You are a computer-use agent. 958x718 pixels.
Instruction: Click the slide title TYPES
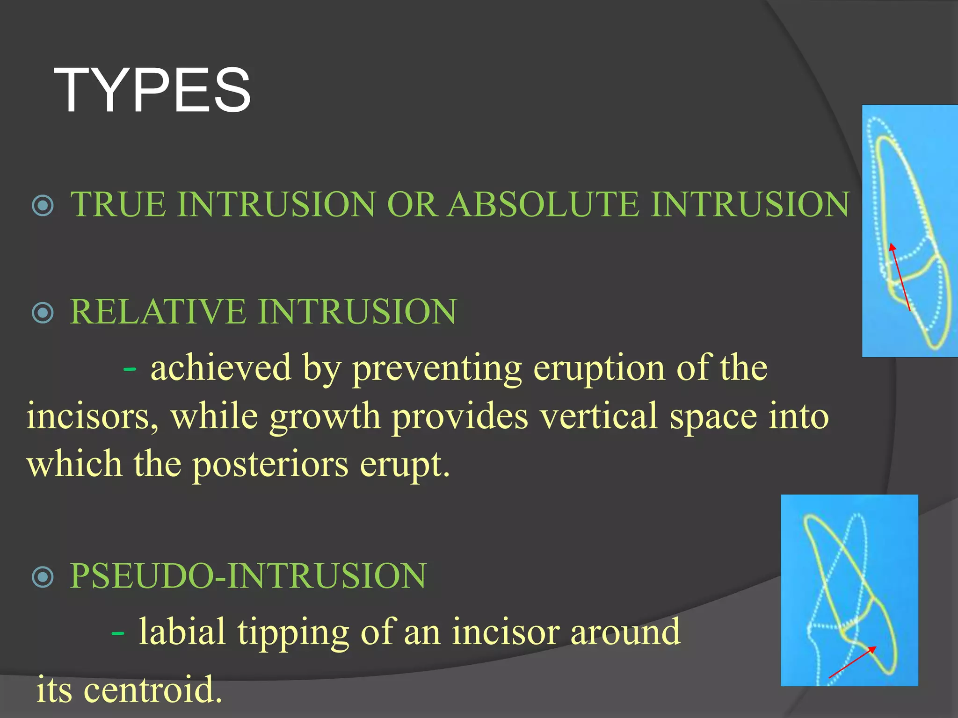point(152,90)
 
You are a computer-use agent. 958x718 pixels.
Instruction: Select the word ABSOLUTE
point(543,204)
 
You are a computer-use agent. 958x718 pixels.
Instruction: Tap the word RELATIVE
point(158,312)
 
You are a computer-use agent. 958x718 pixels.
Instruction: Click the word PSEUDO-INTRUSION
point(248,576)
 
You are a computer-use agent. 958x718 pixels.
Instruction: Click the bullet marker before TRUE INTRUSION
point(43,205)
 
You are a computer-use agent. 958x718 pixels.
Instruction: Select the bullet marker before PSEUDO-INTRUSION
point(43,577)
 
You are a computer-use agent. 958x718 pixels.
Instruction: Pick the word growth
point(325,416)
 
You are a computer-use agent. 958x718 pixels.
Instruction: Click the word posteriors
point(270,465)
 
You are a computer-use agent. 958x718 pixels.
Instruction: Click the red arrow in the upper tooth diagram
point(900,277)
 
